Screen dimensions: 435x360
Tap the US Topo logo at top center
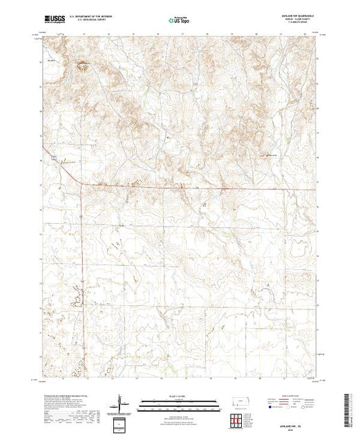tap(180, 21)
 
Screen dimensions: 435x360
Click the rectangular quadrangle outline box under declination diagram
tap(120, 423)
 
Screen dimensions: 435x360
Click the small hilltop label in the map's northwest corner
tap(50, 60)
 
